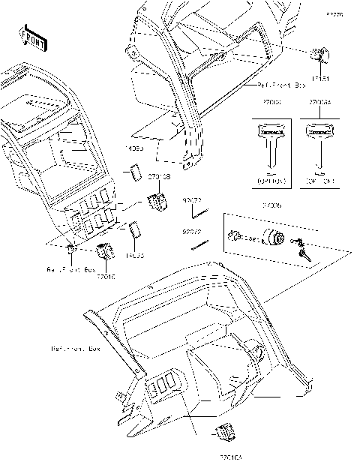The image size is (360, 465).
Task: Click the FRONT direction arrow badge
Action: point(31,34)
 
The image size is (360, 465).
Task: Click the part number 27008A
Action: point(320,100)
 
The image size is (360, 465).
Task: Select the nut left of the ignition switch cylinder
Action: point(233,236)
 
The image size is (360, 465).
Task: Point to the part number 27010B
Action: point(158,176)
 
